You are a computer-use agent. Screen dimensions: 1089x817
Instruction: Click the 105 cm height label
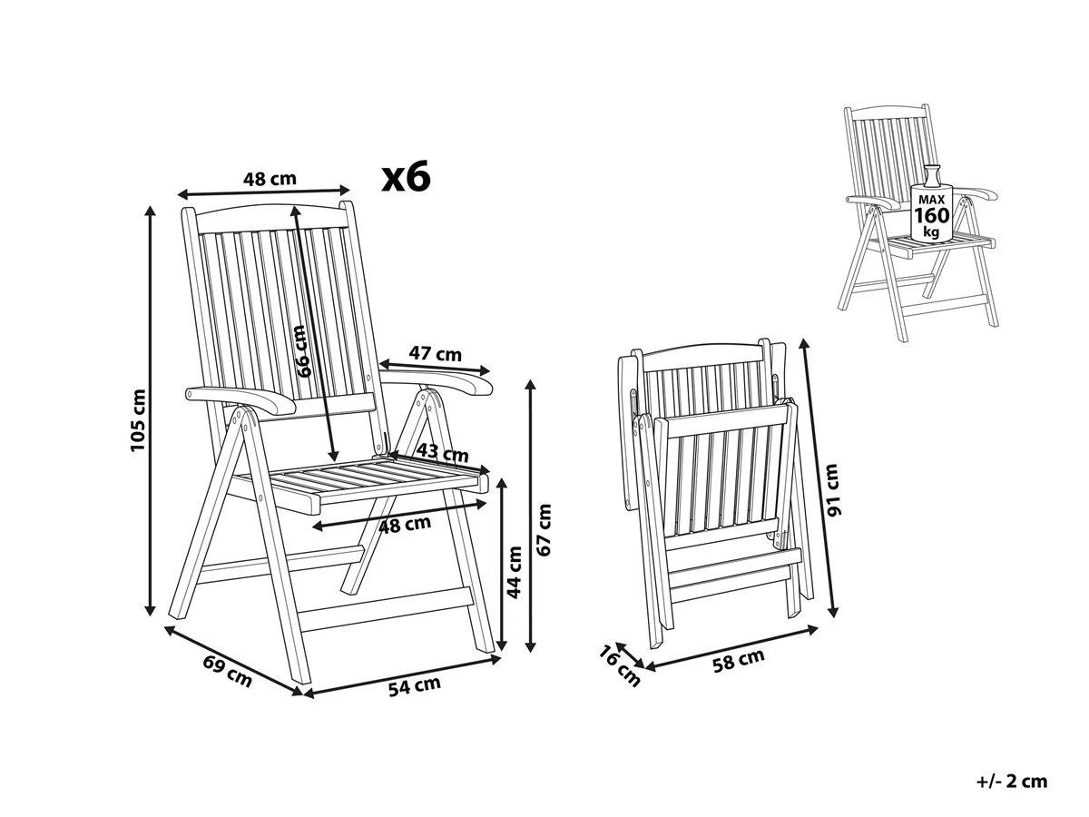tap(138, 420)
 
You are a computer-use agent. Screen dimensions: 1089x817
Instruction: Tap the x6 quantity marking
tap(406, 177)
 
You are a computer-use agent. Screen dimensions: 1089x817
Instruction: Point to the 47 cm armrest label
tap(435, 354)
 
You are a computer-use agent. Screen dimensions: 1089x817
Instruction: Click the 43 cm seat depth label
tap(442, 452)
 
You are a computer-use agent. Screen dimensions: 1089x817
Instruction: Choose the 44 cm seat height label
tap(515, 573)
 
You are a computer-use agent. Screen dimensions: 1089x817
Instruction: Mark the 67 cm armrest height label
tap(544, 530)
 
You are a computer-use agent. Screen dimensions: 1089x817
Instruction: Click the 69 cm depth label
tap(227, 671)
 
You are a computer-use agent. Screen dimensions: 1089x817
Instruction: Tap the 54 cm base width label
tap(414, 685)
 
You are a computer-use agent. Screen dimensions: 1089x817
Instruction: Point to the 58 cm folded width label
tap(738, 661)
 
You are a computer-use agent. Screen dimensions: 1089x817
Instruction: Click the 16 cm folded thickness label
tap(619, 666)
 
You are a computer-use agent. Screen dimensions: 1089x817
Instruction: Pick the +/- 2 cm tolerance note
tap(1012, 782)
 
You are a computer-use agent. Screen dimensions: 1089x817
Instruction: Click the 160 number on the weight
tap(932, 215)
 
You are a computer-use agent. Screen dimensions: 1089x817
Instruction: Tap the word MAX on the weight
tap(931, 200)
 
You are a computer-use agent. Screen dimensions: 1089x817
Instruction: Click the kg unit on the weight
tap(931, 232)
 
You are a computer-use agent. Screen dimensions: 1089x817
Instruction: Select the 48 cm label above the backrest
tap(270, 179)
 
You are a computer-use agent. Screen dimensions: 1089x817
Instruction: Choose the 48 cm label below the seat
tap(405, 525)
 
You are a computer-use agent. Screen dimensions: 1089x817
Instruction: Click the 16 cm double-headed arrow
tap(630, 655)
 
